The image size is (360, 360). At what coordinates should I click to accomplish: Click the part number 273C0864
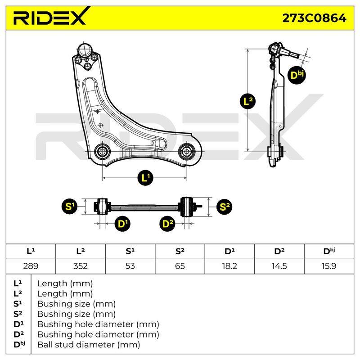[x=314, y=18]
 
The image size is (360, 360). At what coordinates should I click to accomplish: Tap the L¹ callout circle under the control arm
[x=145, y=178]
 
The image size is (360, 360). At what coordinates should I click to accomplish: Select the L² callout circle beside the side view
[x=247, y=101]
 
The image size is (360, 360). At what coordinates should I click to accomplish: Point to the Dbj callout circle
[x=297, y=75]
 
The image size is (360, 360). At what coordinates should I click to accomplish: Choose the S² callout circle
[x=224, y=207]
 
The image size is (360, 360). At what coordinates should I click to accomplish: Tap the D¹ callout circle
[x=122, y=224]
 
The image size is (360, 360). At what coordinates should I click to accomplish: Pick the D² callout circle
[x=167, y=224]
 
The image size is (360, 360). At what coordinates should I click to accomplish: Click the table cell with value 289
[x=31, y=266]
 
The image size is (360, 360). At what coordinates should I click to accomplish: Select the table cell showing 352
[x=81, y=266]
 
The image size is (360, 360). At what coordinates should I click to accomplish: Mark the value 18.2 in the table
[x=229, y=266]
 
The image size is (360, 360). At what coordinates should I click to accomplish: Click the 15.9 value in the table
[x=329, y=266]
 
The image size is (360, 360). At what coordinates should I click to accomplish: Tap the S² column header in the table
[x=180, y=251]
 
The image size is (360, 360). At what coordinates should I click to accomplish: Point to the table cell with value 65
[x=180, y=266]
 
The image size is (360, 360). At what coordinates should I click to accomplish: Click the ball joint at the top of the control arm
[x=85, y=50]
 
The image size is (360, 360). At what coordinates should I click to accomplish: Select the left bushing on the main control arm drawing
[x=102, y=151]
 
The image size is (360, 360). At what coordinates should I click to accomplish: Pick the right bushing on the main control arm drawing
[x=187, y=151]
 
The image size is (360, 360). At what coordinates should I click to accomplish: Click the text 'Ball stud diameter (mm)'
[x=89, y=345]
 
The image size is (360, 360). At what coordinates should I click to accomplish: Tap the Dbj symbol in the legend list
[x=19, y=344]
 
